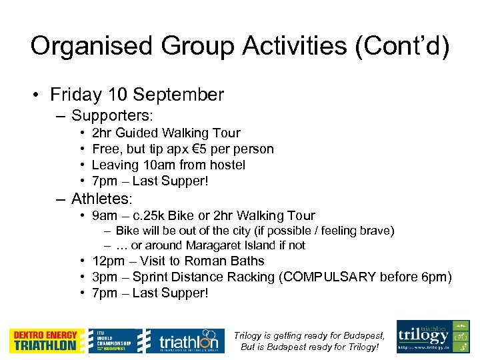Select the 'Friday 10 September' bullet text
click(137, 95)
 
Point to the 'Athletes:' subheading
click(102, 198)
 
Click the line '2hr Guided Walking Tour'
click(166, 133)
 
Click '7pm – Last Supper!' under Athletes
click(150, 293)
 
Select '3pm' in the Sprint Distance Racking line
click(104, 277)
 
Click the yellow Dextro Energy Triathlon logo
click(47, 341)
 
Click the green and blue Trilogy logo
click(433, 337)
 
